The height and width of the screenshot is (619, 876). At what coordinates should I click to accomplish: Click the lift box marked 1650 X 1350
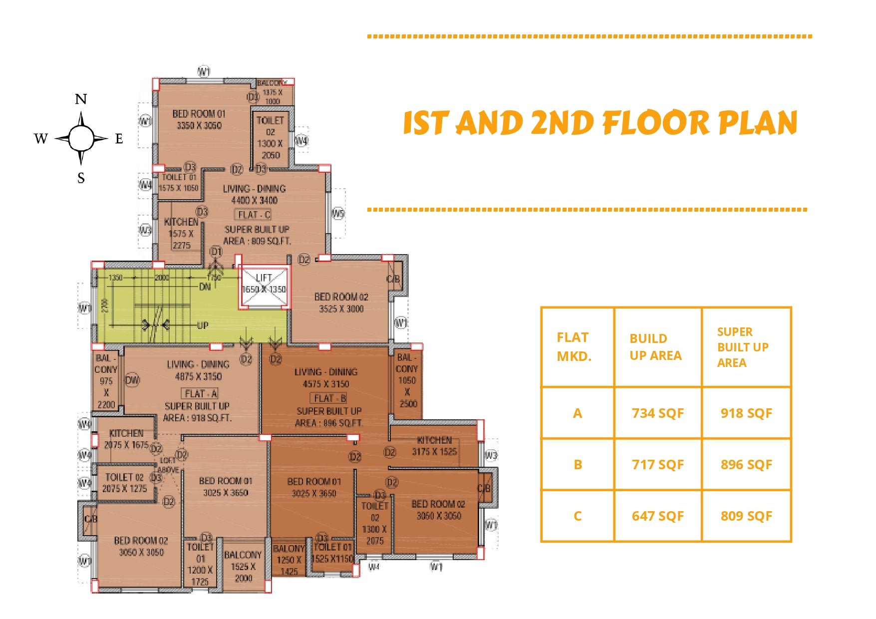(x=264, y=287)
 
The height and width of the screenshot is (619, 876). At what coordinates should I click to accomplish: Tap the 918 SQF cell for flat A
(x=746, y=413)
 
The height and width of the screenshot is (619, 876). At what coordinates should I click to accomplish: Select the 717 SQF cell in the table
(x=657, y=465)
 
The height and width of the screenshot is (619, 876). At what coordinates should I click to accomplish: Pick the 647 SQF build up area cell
(x=657, y=516)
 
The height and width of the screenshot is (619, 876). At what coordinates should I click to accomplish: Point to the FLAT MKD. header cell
(x=574, y=347)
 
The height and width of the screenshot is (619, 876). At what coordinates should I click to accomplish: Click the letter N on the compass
(x=81, y=99)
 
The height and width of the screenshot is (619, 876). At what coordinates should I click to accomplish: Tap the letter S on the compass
(x=81, y=178)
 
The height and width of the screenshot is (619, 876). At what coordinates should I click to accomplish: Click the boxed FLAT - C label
(x=254, y=215)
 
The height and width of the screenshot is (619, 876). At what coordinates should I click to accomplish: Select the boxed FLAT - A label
(x=200, y=393)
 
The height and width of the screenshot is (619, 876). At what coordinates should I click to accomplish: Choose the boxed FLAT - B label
(x=329, y=398)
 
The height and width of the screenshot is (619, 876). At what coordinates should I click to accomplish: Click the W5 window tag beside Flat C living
(x=338, y=214)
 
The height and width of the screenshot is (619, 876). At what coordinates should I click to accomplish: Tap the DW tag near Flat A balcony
(x=132, y=380)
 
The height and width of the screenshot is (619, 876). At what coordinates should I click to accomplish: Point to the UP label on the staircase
(x=202, y=325)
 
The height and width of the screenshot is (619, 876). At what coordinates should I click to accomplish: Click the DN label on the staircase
(x=205, y=287)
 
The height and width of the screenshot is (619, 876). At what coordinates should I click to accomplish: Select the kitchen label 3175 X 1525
(x=434, y=446)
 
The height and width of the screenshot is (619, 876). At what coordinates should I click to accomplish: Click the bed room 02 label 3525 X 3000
(x=341, y=303)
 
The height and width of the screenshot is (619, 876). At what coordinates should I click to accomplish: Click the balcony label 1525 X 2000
(x=243, y=567)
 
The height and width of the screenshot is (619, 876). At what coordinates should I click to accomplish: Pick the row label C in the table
(x=578, y=516)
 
